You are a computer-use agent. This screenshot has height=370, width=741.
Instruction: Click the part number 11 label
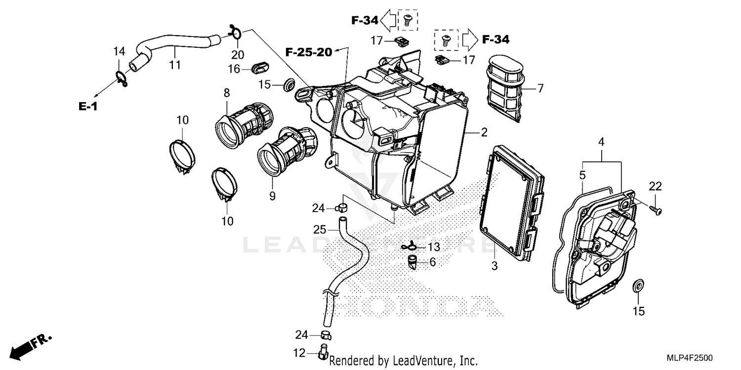[x=175, y=65]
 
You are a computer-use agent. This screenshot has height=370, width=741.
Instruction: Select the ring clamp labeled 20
[x=236, y=34]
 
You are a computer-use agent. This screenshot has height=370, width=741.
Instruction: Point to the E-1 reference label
[x=87, y=107]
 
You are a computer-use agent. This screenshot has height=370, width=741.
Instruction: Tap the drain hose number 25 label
[x=320, y=229]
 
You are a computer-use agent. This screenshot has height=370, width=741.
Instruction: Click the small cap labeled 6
[x=413, y=261]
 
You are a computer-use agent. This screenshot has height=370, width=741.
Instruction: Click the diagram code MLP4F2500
[x=694, y=358]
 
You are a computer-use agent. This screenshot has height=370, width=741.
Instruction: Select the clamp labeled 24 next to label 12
[x=326, y=335]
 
